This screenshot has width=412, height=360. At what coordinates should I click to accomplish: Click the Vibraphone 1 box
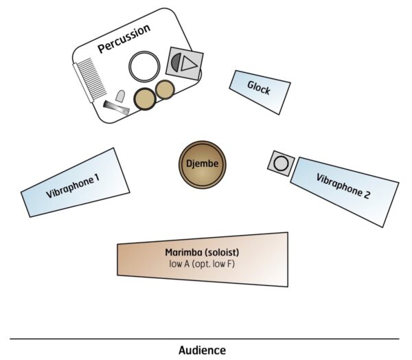coord(76,183)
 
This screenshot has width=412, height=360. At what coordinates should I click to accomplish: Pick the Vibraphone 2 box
coord(344,190)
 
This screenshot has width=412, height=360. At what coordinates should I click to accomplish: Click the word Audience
coord(202,350)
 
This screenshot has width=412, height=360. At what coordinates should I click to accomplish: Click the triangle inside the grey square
coord(190,64)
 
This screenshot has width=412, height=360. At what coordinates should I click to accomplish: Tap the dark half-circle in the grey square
coord(176,63)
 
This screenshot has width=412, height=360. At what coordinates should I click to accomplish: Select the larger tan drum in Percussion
coord(145,100)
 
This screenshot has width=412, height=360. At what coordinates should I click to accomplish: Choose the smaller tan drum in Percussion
coord(165,89)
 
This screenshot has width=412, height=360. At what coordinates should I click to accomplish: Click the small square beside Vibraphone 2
coord(280,164)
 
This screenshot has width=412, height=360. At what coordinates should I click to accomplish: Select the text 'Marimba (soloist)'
coord(202,252)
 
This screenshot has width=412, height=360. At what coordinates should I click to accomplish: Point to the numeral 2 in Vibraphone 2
coord(367,195)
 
